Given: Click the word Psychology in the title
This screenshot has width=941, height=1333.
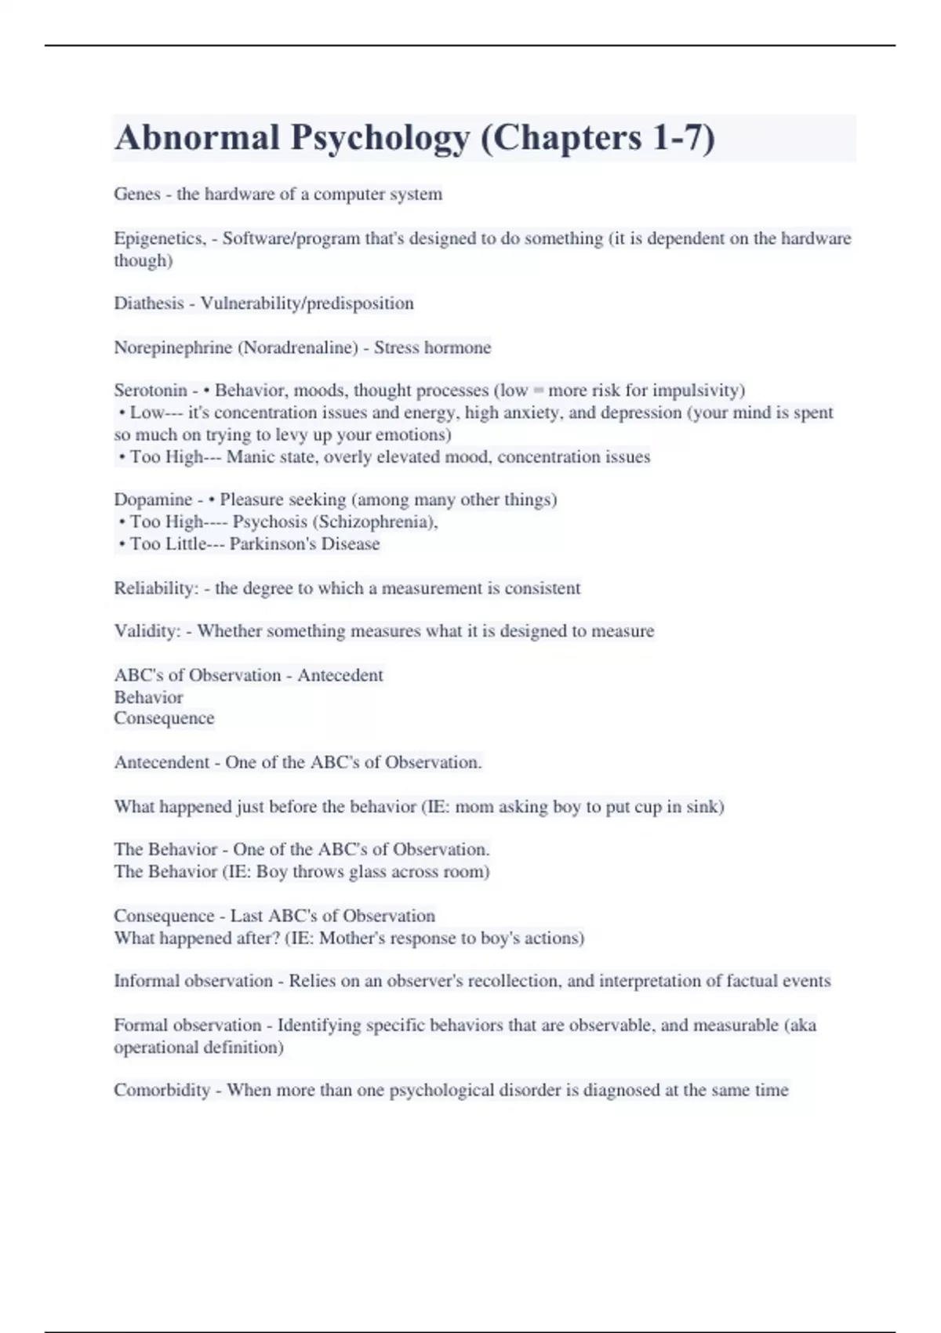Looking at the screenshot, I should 380,138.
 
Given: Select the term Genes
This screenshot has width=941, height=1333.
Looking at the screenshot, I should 137,194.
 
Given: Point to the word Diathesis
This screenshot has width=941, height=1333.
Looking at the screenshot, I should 149,303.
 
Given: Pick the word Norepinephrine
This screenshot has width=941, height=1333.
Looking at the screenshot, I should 173,347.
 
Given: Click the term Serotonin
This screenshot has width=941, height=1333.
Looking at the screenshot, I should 151,390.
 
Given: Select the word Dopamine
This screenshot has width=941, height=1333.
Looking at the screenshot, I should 153,499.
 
